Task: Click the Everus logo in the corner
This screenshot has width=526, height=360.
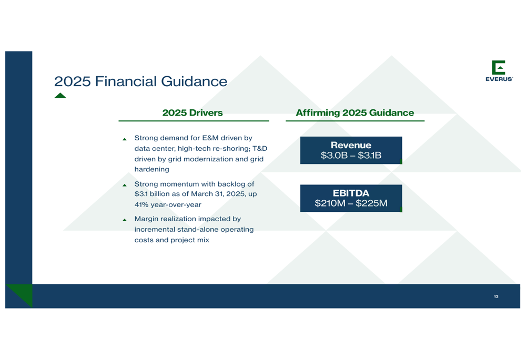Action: point(499,71)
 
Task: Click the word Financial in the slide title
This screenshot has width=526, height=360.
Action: point(126,81)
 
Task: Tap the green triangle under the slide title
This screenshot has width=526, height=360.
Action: point(60,96)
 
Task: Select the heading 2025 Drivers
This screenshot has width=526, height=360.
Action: point(193,112)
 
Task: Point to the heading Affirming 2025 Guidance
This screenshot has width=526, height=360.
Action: point(355,113)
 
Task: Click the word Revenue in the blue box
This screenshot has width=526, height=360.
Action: point(351,145)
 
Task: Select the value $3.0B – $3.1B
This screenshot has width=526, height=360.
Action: point(351,155)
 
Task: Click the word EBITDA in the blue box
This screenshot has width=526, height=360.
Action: point(351,193)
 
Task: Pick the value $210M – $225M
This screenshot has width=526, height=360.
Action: point(351,203)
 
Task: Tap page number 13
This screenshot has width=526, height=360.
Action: point(496,296)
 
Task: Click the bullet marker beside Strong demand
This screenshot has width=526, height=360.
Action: point(125,139)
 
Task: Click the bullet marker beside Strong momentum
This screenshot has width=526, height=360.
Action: point(125,185)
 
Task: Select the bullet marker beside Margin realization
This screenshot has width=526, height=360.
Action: point(125,220)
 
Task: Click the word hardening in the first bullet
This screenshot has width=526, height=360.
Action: point(151,169)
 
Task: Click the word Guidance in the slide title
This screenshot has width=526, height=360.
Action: point(194,81)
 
